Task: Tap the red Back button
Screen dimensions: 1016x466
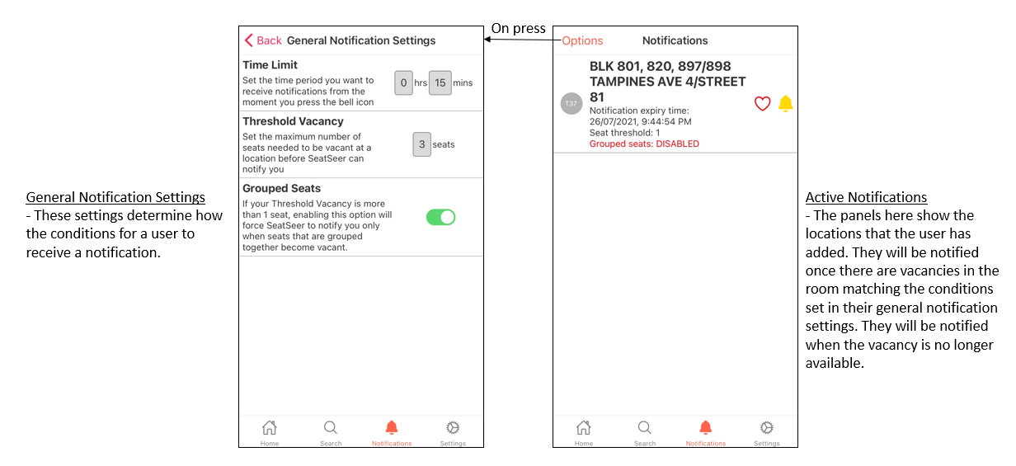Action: [x=263, y=40]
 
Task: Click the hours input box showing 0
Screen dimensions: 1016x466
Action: [x=403, y=82]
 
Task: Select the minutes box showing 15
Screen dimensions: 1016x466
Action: [x=440, y=82]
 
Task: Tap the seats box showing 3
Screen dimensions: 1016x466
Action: [x=422, y=144]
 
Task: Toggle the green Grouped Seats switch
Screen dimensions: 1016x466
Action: [x=440, y=217]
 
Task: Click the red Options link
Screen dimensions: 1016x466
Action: [x=582, y=41]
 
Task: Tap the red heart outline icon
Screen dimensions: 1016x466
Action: [x=763, y=103]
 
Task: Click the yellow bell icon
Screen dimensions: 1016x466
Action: [x=786, y=103]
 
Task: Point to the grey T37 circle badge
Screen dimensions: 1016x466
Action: [x=571, y=103]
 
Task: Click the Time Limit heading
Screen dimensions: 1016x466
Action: [x=270, y=65]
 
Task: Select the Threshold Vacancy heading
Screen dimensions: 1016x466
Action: [x=293, y=121]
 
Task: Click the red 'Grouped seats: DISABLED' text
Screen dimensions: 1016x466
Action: [x=644, y=144]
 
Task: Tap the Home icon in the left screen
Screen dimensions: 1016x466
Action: [x=270, y=427]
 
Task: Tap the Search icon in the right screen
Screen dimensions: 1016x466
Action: [x=645, y=427]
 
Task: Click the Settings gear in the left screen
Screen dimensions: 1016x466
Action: [x=453, y=427]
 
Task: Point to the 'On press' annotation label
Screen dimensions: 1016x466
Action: [x=519, y=28]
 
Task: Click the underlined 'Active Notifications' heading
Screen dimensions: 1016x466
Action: [x=866, y=197]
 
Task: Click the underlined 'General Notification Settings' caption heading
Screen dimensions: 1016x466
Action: [x=115, y=197]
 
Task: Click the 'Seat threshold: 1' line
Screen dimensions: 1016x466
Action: [x=624, y=133]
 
